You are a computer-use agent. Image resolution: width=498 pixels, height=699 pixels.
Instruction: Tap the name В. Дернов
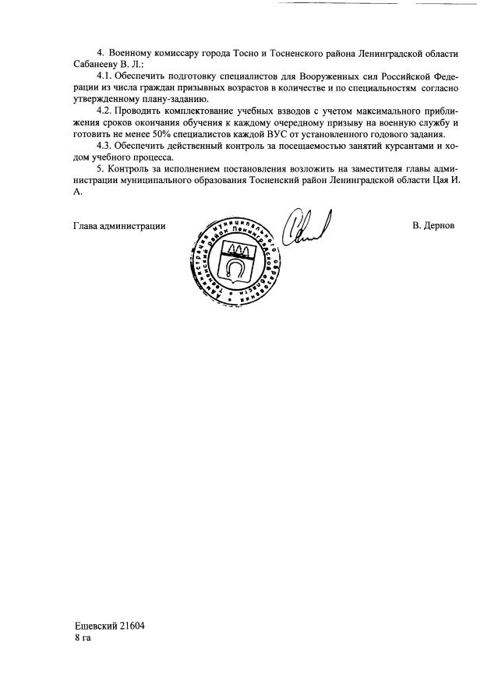(x=433, y=226)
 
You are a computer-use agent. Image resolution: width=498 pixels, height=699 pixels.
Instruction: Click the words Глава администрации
(x=119, y=226)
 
